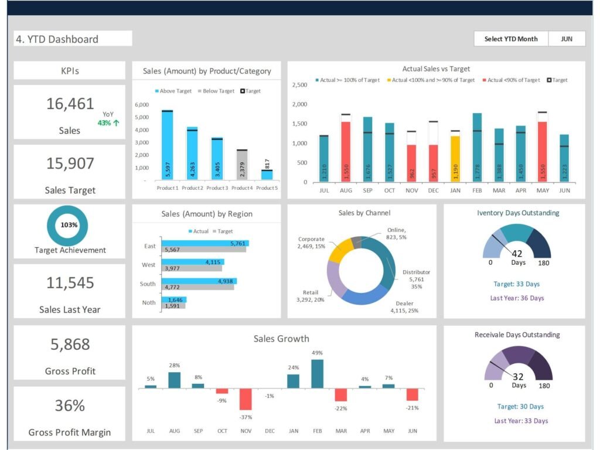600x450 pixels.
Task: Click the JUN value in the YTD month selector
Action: pyautogui.click(x=567, y=39)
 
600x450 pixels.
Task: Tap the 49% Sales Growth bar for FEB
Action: pyautogui.click(x=317, y=374)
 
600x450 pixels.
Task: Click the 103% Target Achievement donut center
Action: pyautogui.click(x=69, y=225)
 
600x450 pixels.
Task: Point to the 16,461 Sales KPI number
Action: pyautogui.click(x=70, y=104)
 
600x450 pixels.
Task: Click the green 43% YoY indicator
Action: pyautogui.click(x=108, y=123)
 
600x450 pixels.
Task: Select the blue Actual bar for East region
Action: pyautogui.click(x=204, y=243)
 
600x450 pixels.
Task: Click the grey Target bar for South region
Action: pyautogui.click(x=197, y=287)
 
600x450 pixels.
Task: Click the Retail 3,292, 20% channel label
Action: pyautogui.click(x=310, y=296)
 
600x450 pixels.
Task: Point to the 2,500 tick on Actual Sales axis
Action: pyautogui.click(x=299, y=85)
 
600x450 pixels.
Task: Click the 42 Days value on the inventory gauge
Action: pyautogui.click(x=517, y=254)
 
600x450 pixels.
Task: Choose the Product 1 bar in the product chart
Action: pyautogui.click(x=167, y=146)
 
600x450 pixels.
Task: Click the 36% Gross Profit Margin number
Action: pyautogui.click(x=70, y=405)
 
